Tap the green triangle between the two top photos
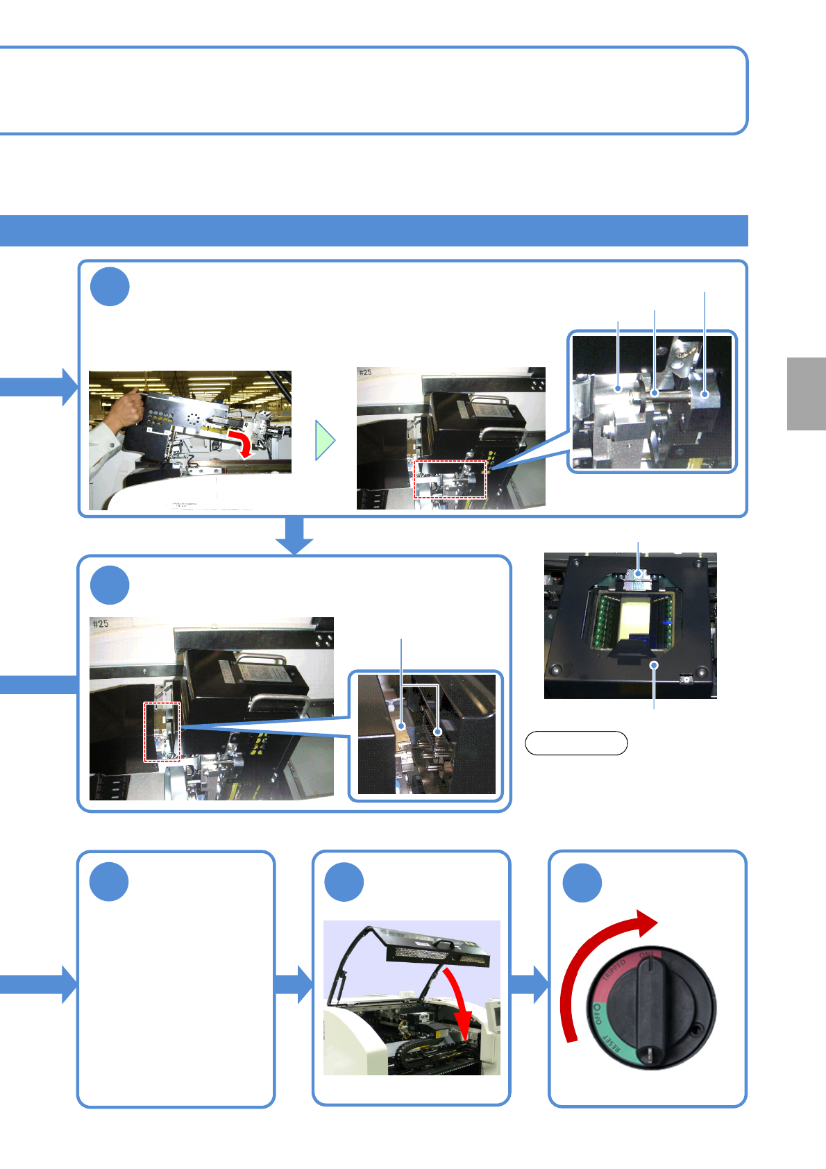324,440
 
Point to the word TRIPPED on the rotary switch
614,970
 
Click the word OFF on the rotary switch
596,1014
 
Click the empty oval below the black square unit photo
576,743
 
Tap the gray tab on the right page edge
806,394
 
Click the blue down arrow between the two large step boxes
295,535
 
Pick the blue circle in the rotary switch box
582,883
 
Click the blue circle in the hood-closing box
344,882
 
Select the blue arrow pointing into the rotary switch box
531,984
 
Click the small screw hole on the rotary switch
696,1029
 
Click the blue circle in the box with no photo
109,882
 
